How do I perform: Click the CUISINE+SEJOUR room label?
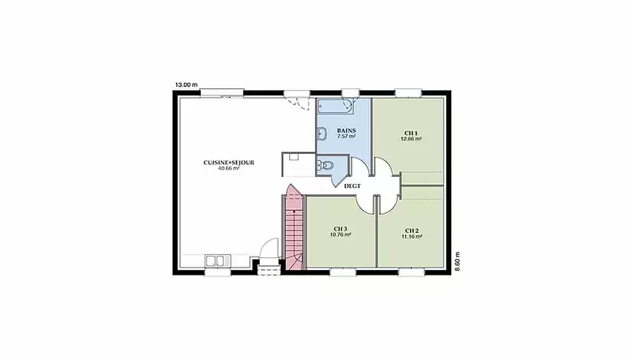(228, 163)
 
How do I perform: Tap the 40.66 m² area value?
(228, 169)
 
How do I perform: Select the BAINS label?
(346, 130)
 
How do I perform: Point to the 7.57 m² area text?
(346, 137)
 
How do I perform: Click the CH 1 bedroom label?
(411, 133)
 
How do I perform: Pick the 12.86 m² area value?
(411, 139)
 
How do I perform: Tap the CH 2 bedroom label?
(412, 231)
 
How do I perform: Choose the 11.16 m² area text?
(412, 237)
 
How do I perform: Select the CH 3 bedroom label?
(340, 229)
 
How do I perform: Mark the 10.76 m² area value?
(340, 234)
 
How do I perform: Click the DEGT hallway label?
(352, 186)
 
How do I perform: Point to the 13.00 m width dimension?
(186, 85)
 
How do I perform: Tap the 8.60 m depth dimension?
(457, 261)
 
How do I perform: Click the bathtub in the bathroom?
(335, 107)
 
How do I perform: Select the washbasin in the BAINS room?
(322, 133)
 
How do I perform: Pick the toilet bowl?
(326, 165)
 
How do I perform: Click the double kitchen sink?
(218, 261)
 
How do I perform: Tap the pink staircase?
(294, 227)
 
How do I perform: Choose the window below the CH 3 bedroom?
(343, 272)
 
